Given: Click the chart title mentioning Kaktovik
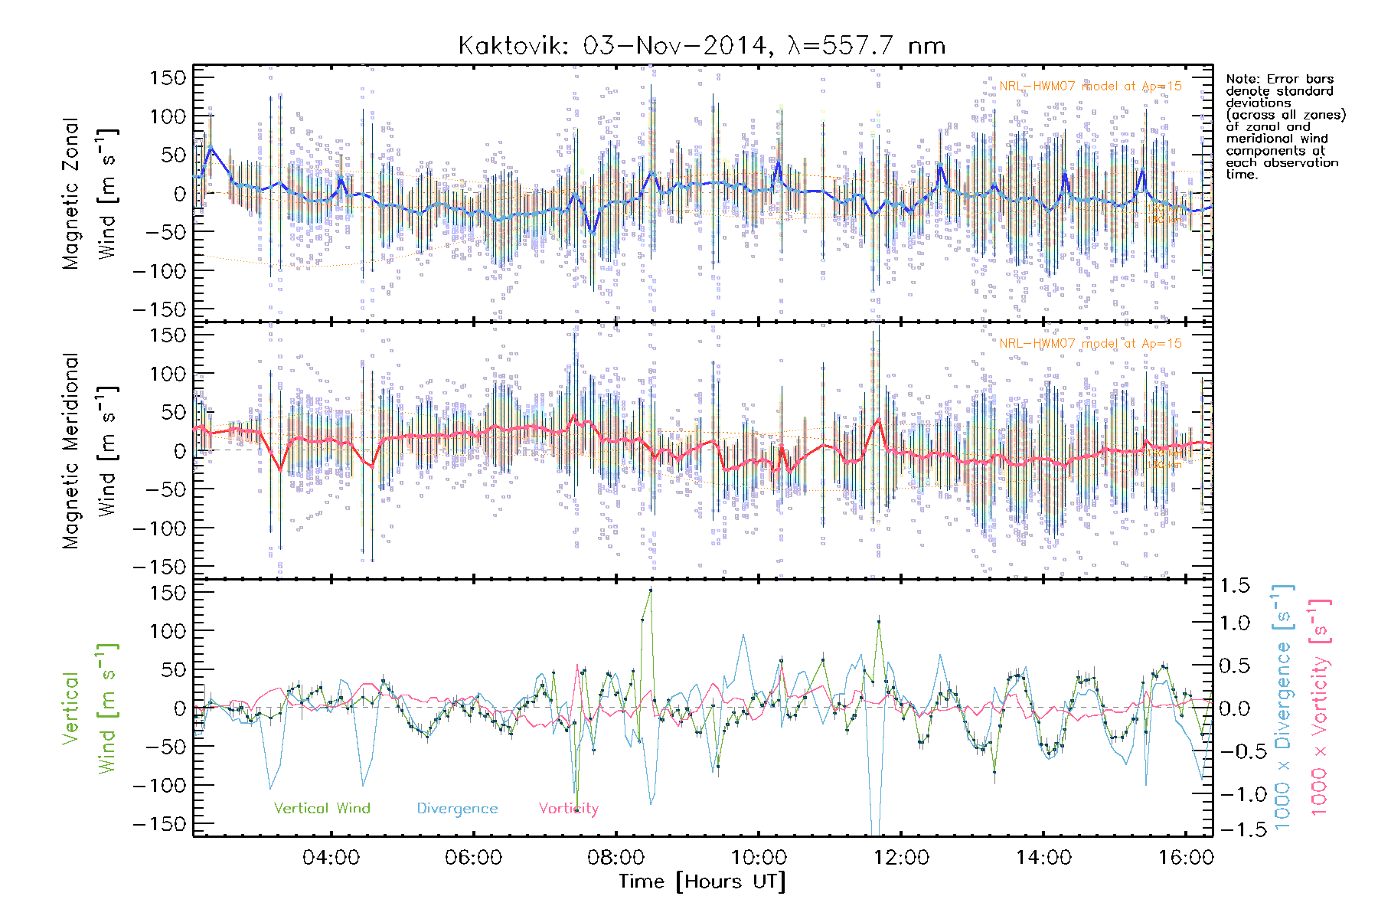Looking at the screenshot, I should click(x=701, y=46).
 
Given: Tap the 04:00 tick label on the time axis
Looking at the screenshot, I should click(x=331, y=857).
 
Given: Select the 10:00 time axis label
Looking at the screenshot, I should click(x=758, y=857).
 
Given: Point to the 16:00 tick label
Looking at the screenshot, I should click(x=1185, y=857).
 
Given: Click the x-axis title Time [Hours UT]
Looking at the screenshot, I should click(x=702, y=881).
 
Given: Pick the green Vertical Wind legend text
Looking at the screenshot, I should click(x=322, y=808).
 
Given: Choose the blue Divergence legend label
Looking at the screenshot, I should click(x=457, y=808).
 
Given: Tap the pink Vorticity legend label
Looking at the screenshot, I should click(x=568, y=808).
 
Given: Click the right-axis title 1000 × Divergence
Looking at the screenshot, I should click(x=1283, y=706).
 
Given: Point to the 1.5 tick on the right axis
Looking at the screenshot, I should click(x=1234, y=586).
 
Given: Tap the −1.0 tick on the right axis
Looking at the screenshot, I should click(x=1234, y=794).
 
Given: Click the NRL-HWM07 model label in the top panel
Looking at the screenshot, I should click(x=1090, y=86).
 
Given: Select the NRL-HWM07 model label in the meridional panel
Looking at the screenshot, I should click(x=1090, y=343).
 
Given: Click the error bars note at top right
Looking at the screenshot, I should click(x=1285, y=126).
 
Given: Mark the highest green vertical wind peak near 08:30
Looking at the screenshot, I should click(x=651, y=590).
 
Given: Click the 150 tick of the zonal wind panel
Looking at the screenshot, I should click(x=168, y=77).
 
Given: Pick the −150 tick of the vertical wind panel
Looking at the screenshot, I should click(x=159, y=824).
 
